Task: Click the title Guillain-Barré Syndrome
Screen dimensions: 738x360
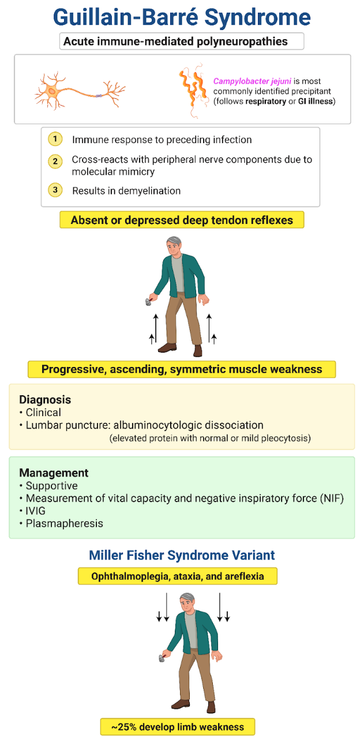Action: pos(181,17)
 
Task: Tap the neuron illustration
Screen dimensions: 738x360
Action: pos(80,91)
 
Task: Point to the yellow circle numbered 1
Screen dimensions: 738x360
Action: pos(55,140)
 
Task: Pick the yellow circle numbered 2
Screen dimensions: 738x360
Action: pos(55,161)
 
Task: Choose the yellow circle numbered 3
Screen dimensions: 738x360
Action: pos(55,190)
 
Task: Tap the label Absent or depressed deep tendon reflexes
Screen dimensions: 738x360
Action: pos(182,220)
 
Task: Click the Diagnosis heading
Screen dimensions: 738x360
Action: pos(45,399)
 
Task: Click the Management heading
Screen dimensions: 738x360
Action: pos(54,473)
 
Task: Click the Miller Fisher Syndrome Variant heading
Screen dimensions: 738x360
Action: pos(182,555)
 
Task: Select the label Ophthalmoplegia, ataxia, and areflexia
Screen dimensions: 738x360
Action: pos(178,576)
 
